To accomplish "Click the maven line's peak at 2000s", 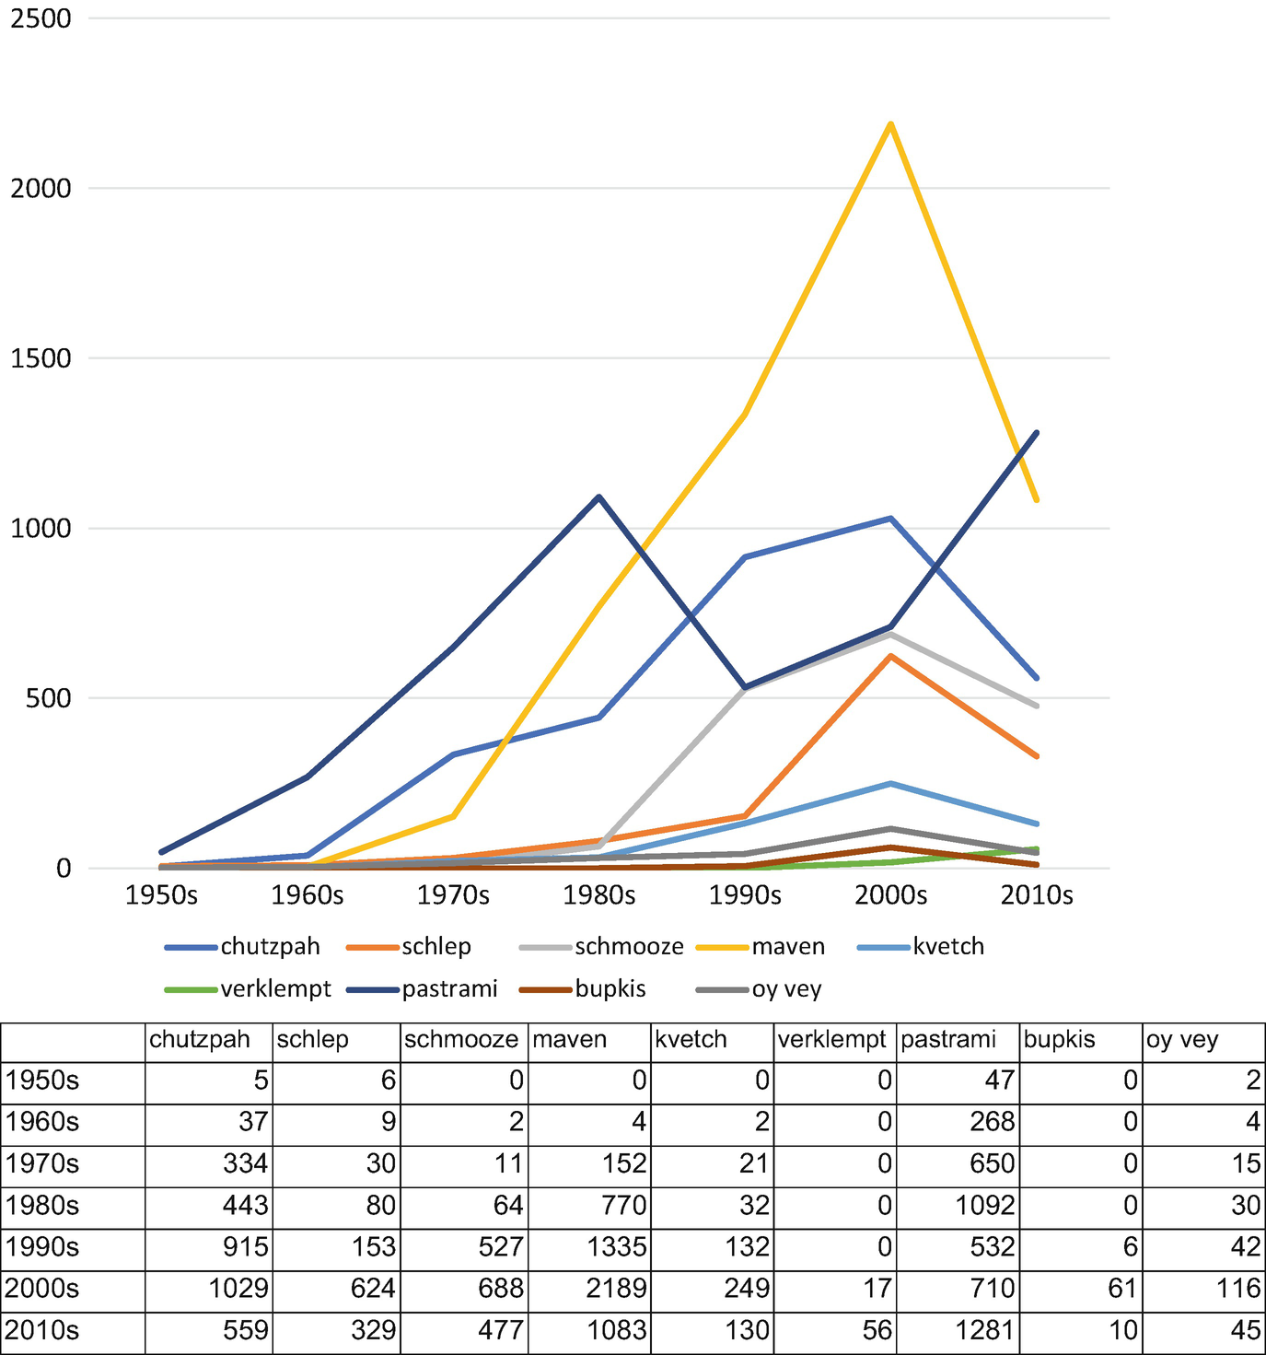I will pyautogui.click(x=890, y=124).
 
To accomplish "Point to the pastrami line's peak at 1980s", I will pyautogui.click(x=599, y=497).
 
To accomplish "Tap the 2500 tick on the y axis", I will pyautogui.click(x=40, y=18).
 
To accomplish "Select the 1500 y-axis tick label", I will pyautogui.click(x=40, y=358).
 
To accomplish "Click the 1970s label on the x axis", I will pyautogui.click(x=453, y=895).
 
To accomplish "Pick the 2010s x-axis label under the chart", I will pyautogui.click(x=1037, y=895).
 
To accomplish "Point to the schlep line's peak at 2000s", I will pyautogui.click(x=890, y=656).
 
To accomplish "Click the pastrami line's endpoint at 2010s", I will pyautogui.click(x=1037, y=433).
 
